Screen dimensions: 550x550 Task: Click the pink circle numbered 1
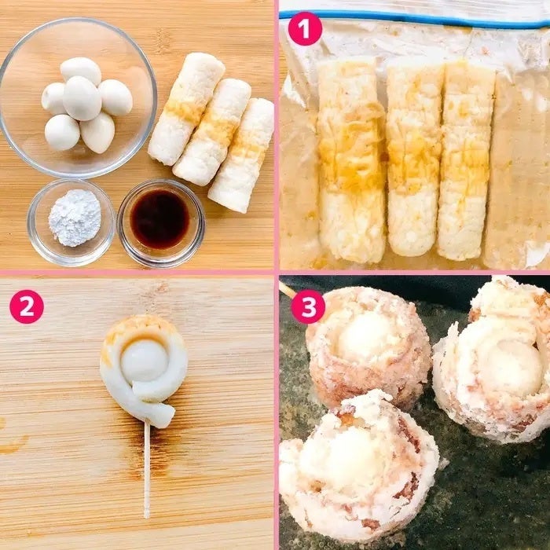(x=305, y=28)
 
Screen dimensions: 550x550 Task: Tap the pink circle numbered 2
(x=27, y=306)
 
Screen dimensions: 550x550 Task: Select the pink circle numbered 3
(x=308, y=306)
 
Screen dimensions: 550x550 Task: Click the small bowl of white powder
(x=71, y=222)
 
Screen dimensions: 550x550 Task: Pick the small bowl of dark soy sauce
(x=161, y=223)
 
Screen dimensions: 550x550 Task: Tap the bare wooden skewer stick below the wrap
(x=147, y=471)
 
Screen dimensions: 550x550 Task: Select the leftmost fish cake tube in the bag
(x=352, y=160)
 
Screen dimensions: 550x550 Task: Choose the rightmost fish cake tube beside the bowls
(x=242, y=156)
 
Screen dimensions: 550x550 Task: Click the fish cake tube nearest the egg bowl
(x=186, y=108)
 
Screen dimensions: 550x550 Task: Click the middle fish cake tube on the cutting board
(x=212, y=132)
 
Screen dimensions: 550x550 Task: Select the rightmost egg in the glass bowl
(x=115, y=97)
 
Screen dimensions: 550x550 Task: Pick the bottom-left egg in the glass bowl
(x=62, y=132)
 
